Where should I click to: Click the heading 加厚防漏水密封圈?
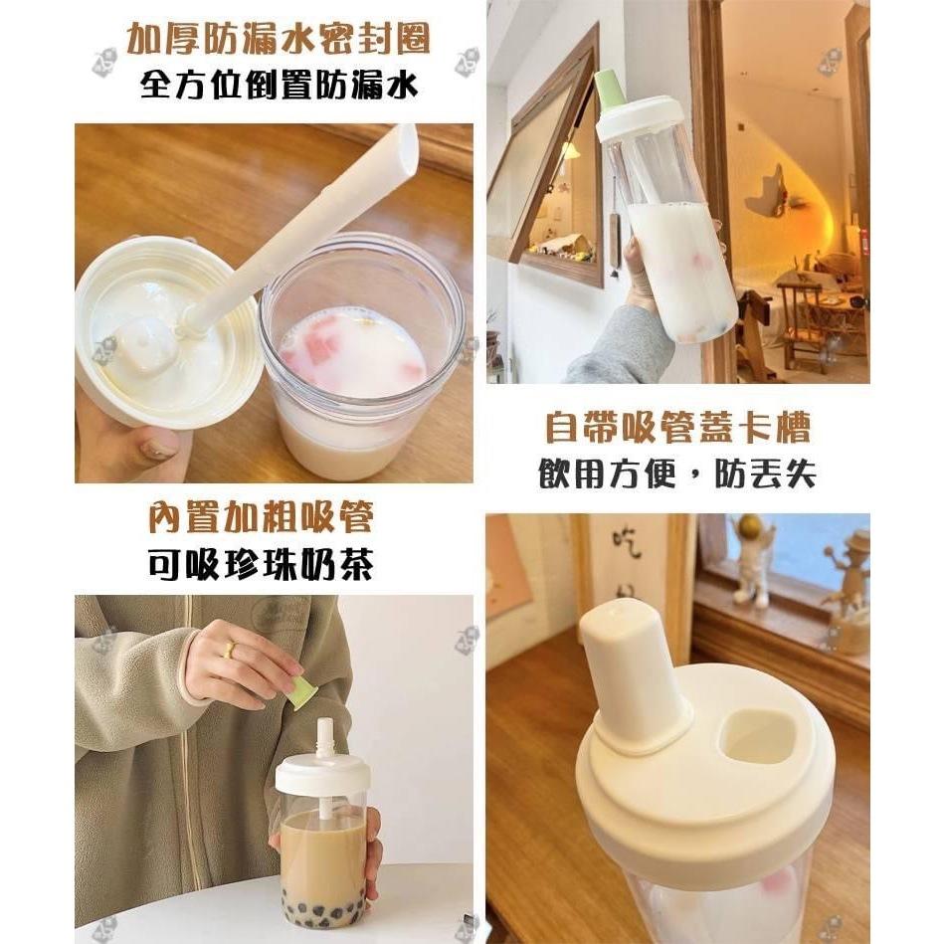(x=278, y=40)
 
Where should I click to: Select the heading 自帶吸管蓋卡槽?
(x=677, y=427)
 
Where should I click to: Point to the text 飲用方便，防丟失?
(x=677, y=473)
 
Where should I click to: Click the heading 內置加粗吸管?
(x=261, y=517)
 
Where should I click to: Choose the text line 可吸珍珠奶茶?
(x=261, y=564)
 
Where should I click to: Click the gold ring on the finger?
(x=230, y=649)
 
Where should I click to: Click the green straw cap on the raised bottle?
(x=609, y=89)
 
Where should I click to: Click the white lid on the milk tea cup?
(x=322, y=774)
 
